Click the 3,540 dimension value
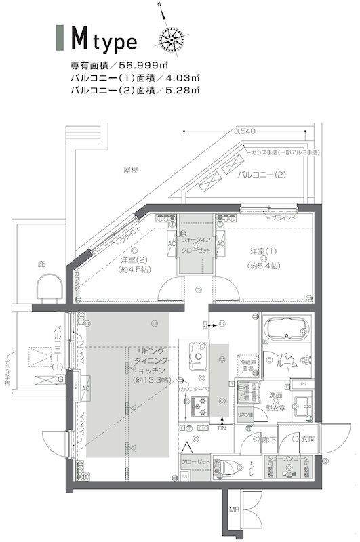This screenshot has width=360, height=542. pyautogui.click(x=242, y=131)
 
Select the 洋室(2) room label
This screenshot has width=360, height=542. pyautogui.click(x=134, y=264)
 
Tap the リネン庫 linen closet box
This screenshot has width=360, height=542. pyautogui.click(x=245, y=413)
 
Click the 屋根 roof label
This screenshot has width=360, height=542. pyautogui.click(x=131, y=170)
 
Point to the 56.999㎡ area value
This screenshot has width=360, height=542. pyautogui.click(x=144, y=65)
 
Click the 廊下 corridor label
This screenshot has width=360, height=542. pyautogui.click(x=268, y=440)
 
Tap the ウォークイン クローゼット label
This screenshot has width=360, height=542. pyautogui.click(x=196, y=245)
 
